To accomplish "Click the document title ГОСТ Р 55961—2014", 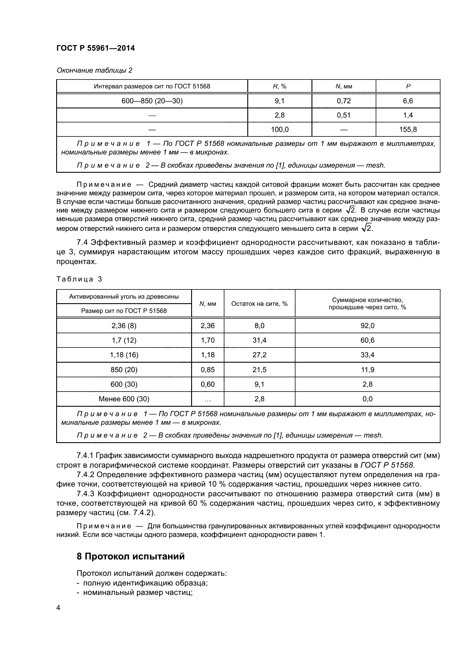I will tap(95, 48).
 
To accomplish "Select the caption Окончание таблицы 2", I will tap(94, 70).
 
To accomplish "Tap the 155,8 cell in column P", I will tap(408, 129).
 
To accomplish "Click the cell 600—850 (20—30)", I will tap(152, 101).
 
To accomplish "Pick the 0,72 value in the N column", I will tap(344, 101).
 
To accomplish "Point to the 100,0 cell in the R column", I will tap(279, 129).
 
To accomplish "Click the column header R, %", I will tap(279, 86).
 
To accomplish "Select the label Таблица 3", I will tap(79, 279).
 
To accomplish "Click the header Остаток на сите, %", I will tap(259, 304).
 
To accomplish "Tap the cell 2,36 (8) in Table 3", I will tap(124, 325).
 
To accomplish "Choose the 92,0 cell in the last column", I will tap(367, 325).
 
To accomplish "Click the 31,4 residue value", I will tap(259, 340).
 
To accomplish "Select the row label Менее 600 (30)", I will tap(124, 399).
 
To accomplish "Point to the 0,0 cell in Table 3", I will tap(367, 399).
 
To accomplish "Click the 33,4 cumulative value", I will tap(367, 355).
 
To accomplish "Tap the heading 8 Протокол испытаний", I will tap(130, 556).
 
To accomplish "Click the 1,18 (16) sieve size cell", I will tap(124, 355).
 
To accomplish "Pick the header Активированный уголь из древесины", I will tap(124, 297).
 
